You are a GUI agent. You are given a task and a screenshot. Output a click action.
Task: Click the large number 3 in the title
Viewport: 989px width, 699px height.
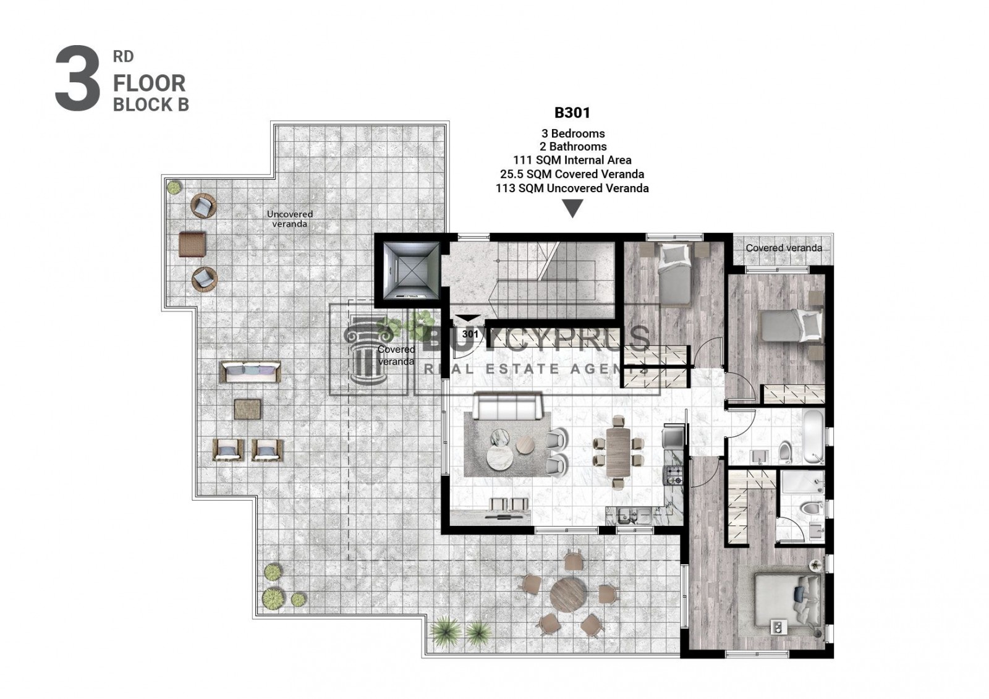(x=77, y=78)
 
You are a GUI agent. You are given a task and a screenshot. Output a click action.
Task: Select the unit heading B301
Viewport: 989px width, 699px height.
(x=572, y=113)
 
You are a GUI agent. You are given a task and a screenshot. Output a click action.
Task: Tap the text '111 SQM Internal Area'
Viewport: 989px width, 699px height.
(x=572, y=160)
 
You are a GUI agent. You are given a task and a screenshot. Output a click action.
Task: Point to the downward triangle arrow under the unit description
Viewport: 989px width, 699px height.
(x=572, y=208)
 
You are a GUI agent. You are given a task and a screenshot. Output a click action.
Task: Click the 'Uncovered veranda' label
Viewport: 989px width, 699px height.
(x=290, y=219)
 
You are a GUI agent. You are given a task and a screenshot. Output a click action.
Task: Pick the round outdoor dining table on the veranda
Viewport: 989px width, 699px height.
(x=569, y=595)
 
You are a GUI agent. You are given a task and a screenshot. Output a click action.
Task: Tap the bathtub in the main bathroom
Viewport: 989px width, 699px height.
(x=813, y=437)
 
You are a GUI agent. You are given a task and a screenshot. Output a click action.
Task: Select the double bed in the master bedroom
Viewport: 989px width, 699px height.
(x=787, y=600)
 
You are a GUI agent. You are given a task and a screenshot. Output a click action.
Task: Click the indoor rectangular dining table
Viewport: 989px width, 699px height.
(x=618, y=452)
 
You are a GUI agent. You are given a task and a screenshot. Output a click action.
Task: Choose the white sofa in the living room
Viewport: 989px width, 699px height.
(x=507, y=407)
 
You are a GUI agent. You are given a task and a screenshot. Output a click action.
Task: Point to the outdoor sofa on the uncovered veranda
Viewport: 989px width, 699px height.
(x=250, y=372)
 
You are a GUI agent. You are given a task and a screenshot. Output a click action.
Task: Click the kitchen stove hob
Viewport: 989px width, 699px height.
(x=674, y=475)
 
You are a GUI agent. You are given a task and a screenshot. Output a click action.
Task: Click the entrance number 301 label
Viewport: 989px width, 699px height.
(x=470, y=334)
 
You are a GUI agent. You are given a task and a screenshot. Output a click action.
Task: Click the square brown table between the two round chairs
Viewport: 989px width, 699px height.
(x=192, y=244)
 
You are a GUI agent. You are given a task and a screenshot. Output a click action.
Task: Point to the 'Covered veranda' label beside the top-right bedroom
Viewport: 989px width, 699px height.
(x=784, y=248)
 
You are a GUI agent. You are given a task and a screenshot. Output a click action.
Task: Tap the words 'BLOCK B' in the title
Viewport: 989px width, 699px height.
(x=151, y=105)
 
